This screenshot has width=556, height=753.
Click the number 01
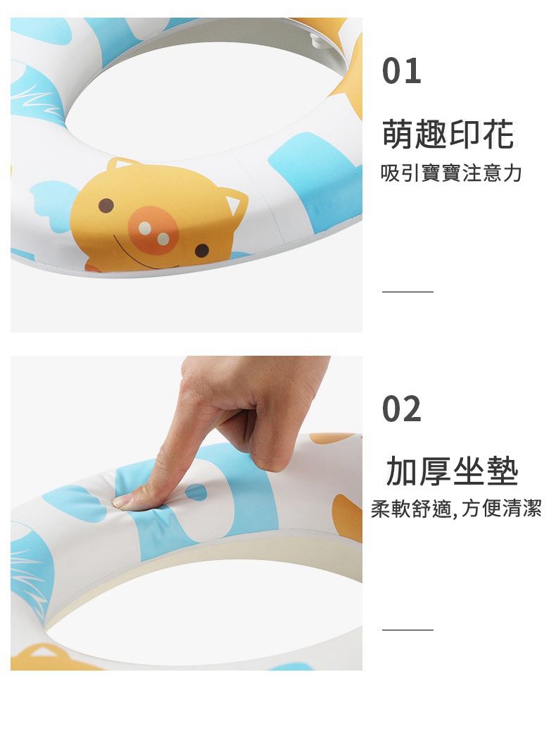[x=402, y=71]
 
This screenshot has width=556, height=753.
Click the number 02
[x=402, y=409]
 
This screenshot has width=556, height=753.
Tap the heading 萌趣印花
[x=448, y=134]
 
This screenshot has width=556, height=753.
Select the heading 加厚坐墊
[x=452, y=471]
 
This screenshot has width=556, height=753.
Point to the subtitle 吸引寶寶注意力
[x=451, y=173]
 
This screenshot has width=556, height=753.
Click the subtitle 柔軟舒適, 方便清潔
[x=456, y=509]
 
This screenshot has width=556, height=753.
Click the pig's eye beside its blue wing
[x=106, y=205]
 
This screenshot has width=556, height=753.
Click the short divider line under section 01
[x=407, y=291]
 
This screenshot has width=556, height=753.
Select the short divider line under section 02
[x=407, y=629]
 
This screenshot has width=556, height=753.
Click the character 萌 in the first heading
[x=398, y=134]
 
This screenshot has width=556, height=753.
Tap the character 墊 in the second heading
[x=503, y=471]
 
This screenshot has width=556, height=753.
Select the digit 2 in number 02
[x=412, y=409]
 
